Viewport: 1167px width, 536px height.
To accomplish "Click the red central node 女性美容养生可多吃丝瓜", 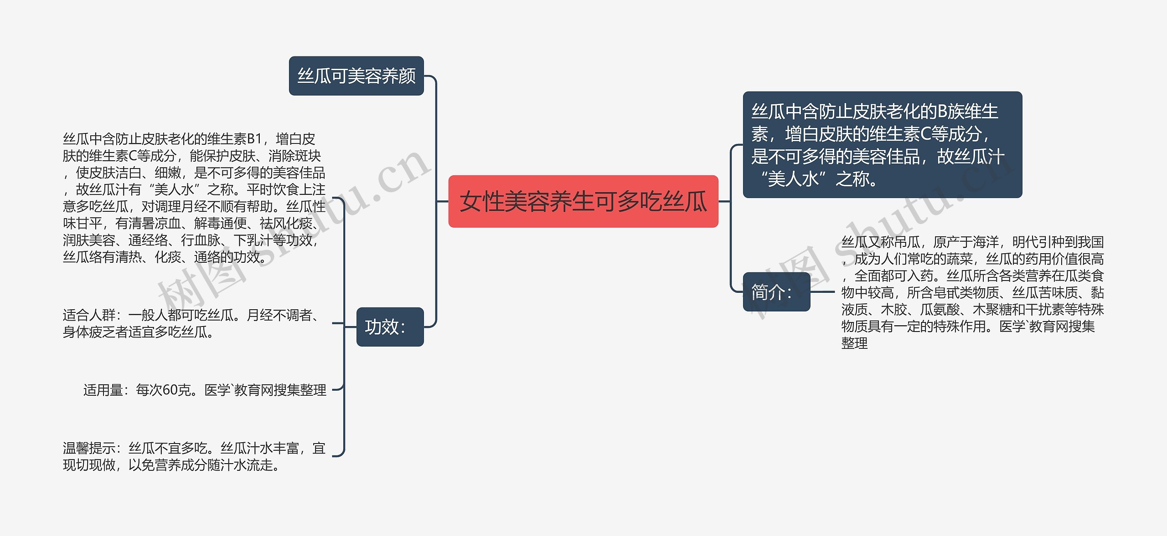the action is click(583, 201).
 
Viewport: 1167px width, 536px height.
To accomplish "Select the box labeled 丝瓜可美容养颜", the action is click(356, 76).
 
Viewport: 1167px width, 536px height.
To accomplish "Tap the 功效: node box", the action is click(390, 327).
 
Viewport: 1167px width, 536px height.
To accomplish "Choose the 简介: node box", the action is click(776, 292).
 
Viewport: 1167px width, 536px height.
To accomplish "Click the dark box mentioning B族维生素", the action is click(883, 145).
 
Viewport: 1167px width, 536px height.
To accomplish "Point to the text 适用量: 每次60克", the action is click(205, 390).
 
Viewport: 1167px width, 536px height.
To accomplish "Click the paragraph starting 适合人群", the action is click(193, 323).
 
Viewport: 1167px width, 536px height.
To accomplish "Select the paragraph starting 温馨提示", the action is click(194, 456).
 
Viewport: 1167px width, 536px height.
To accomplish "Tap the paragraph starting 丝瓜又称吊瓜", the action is click(973, 292).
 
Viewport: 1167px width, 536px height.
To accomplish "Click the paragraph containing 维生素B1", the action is click(194, 198).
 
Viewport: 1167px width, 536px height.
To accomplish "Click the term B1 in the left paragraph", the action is click(254, 138).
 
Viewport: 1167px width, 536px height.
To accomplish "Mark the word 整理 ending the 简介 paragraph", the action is click(854, 343).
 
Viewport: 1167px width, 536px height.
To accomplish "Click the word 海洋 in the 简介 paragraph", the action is click(986, 242).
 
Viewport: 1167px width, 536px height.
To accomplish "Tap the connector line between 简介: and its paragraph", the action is click(822, 292).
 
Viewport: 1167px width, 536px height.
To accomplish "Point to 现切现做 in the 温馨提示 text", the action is click(89, 465).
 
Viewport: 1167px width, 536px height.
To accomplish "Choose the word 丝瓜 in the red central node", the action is click(685, 202).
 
